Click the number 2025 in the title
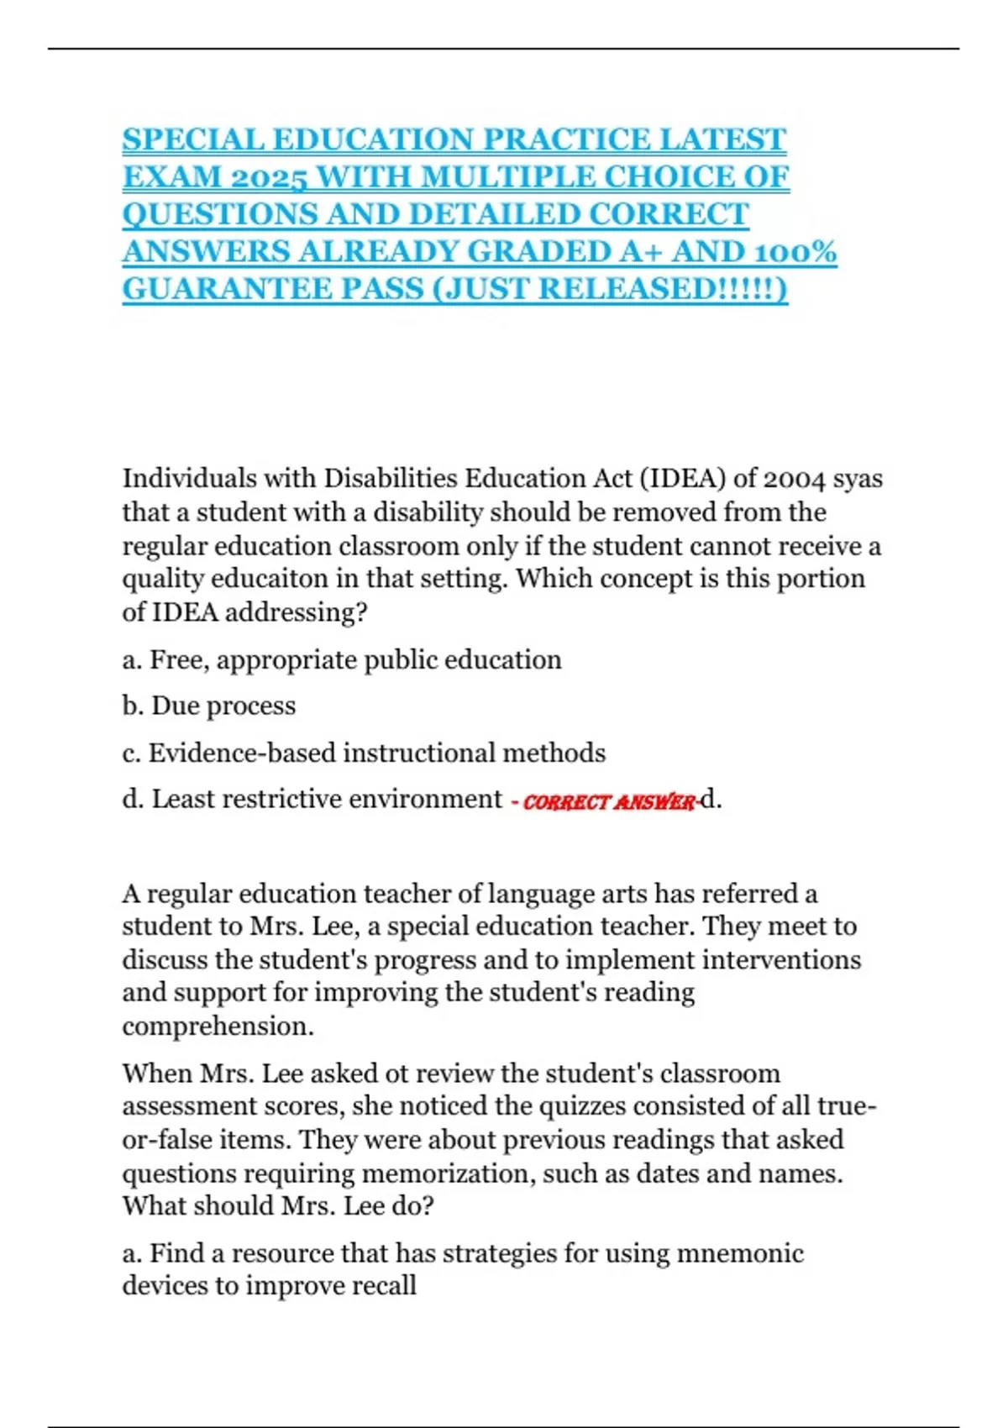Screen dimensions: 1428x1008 click(268, 177)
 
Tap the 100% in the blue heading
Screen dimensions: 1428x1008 click(795, 252)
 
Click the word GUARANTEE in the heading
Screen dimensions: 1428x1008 click(226, 289)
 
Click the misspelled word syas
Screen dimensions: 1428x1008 click(858, 480)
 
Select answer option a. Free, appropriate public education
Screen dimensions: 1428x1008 click(342, 660)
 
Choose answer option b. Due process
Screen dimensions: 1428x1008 click(209, 706)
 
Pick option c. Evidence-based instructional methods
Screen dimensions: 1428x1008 click(364, 753)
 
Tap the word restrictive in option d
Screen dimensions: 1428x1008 click(281, 799)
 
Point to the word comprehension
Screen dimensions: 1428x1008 click(218, 1026)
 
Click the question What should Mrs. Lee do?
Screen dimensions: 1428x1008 click(278, 1206)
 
